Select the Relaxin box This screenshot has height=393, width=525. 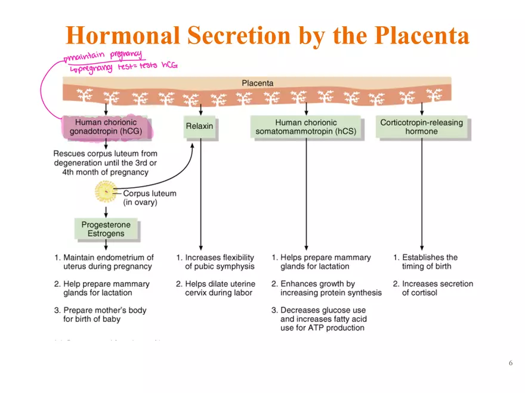click(x=199, y=126)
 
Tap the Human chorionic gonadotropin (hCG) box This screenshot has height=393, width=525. click(x=106, y=127)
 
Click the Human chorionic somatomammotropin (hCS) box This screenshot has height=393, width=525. click(x=305, y=127)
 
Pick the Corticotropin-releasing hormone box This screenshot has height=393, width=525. click(x=421, y=127)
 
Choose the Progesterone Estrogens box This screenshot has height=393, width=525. click(x=106, y=229)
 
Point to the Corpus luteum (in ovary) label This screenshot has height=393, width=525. click(x=149, y=198)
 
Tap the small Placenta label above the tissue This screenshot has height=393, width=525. click(x=257, y=83)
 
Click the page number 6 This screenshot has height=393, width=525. click(x=510, y=363)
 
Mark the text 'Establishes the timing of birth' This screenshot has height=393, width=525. click(x=426, y=262)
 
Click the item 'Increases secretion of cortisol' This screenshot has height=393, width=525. click(x=433, y=288)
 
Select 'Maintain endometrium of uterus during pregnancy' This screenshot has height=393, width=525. click(x=104, y=262)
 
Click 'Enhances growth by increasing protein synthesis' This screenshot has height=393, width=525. click(x=327, y=288)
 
